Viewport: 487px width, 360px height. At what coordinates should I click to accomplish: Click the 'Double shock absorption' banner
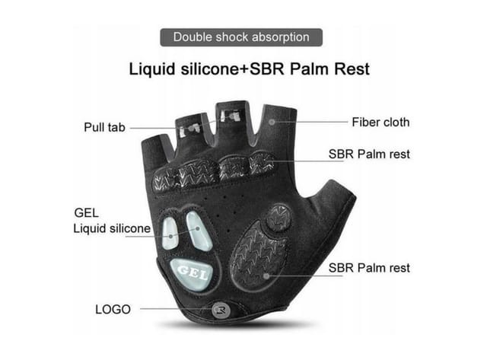coord(241,37)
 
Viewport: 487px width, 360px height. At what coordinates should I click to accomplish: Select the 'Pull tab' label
coord(105,127)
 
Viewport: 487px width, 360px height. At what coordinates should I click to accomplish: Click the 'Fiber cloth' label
coord(380,122)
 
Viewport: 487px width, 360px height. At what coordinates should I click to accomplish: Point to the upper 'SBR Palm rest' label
coord(369,154)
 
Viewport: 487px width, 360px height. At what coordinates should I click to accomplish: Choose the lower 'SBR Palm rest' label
coord(369,268)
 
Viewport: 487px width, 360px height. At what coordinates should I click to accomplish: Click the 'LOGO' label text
coord(113,309)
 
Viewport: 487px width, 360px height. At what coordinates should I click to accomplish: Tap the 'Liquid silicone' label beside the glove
coord(112,228)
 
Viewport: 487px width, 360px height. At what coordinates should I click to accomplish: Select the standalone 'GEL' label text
coord(86,213)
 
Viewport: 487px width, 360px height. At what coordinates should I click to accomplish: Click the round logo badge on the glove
coord(221,310)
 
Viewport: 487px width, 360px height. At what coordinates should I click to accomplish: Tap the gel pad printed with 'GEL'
coord(192,274)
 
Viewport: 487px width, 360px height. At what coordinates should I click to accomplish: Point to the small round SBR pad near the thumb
coord(279,218)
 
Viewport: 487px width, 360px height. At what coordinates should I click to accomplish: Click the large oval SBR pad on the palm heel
coord(259,254)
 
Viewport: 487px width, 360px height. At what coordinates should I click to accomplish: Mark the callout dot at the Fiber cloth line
coord(272,122)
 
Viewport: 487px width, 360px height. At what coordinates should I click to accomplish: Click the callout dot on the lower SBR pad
coord(266,276)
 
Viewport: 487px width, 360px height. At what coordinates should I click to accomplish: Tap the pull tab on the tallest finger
coord(230,116)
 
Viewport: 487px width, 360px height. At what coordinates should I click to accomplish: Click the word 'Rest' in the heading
coord(352,69)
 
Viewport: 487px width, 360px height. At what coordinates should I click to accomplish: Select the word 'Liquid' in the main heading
coord(152,69)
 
